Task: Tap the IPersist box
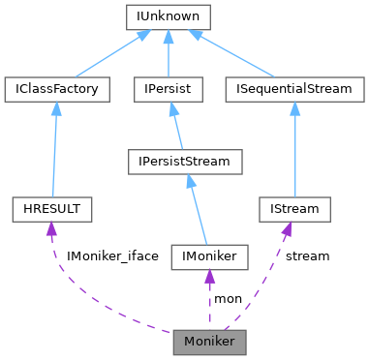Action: point(169,88)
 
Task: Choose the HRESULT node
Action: point(52,208)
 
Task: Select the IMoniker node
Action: point(209,256)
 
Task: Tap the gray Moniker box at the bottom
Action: point(209,342)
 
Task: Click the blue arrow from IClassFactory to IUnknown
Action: point(107,54)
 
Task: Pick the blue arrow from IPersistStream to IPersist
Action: point(176,126)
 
